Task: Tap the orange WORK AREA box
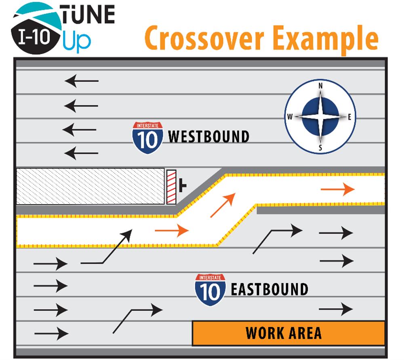pyautogui.click(x=288, y=333)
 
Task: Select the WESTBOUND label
pyautogui.click(x=208, y=137)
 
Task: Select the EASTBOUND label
pyautogui.click(x=269, y=289)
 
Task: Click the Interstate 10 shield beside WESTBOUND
pyautogui.click(x=147, y=137)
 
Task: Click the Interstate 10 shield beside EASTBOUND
pyautogui.click(x=210, y=289)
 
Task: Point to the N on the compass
pyautogui.click(x=321, y=86)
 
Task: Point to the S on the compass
pyautogui.click(x=320, y=148)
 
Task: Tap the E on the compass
pyautogui.click(x=350, y=117)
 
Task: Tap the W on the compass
pyautogui.click(x=290, y=117)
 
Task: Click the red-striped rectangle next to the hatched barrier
pyautogui.click(x=172, y=186)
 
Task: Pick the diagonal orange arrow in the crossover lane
pyautogui.click(x=223, y=205)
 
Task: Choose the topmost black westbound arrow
pyautogui.click(x=82, y=81)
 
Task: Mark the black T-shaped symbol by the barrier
pyautogui.click(x=183, y=186)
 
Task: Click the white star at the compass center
pyautogui.click(x=320, y=117)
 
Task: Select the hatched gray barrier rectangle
pyautogui.click(x=90, y=186)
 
